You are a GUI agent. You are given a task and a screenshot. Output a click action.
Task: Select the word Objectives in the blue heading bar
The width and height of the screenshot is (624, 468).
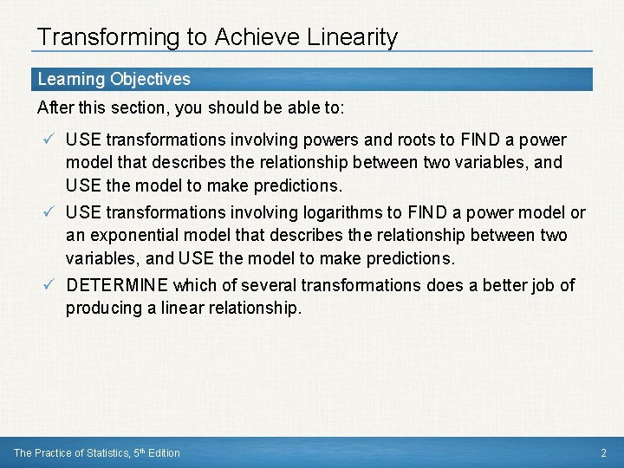[149, 79]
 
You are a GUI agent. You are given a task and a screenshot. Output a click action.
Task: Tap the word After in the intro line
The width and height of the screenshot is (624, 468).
[54, 109]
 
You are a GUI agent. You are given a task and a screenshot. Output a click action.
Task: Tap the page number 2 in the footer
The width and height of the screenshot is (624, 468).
[603, 453]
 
